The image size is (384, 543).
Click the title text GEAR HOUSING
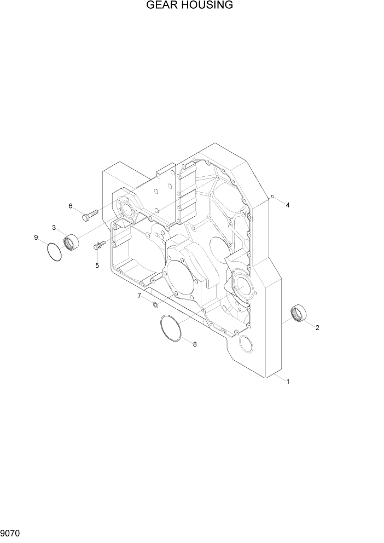[189, 5]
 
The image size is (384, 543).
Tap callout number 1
[288, 382]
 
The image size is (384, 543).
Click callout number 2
[317, 328]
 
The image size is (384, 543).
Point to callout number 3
[54, 227]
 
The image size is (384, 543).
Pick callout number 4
[287, 205]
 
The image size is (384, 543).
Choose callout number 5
[97, 265]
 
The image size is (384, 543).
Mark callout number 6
[70, 206]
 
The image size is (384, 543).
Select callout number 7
[139, 296]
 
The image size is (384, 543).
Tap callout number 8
[194, 344]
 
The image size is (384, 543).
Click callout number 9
[36, 238]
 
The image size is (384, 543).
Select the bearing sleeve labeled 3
[71, 241]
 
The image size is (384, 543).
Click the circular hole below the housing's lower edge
[247, 344]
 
